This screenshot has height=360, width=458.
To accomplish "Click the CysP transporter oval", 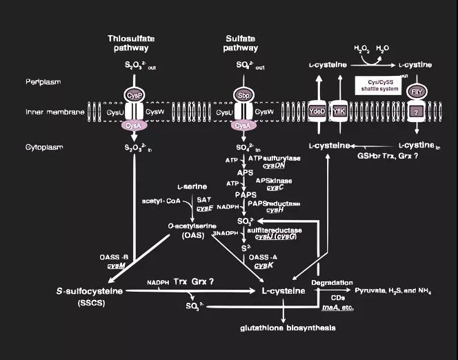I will (134, 94).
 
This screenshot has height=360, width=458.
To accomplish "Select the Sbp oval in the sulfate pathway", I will (242, 94).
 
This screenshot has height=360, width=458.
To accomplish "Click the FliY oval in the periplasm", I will (417, 92).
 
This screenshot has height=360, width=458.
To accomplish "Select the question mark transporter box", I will (416, 111).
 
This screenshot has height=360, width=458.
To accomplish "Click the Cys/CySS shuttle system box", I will (377, 85).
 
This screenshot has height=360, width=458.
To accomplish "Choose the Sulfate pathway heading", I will (241, 43).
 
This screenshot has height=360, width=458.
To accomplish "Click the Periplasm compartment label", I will (43, 82).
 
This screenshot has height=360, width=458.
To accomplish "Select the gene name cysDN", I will (274, 166).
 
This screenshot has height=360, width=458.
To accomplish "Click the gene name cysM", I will (116, 265).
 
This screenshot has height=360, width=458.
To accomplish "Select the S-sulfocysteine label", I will (90, 291).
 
